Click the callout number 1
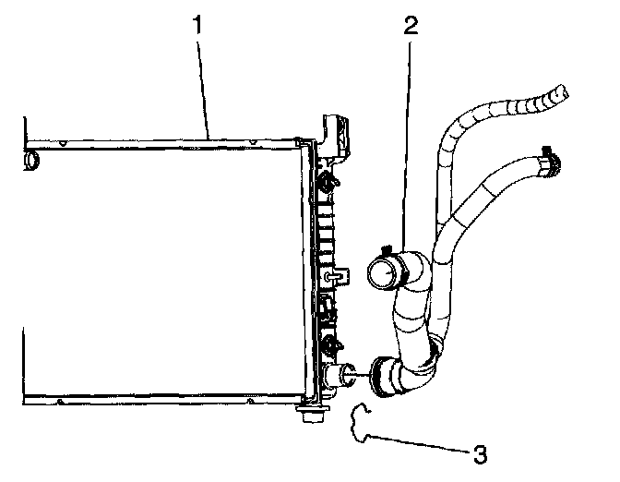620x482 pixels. pos(197,25)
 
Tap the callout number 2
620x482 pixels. pos(411,25)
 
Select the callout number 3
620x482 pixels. pos(479,453)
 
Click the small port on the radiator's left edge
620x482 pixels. pos(30,162)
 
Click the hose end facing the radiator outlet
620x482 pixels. pos(378,373)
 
